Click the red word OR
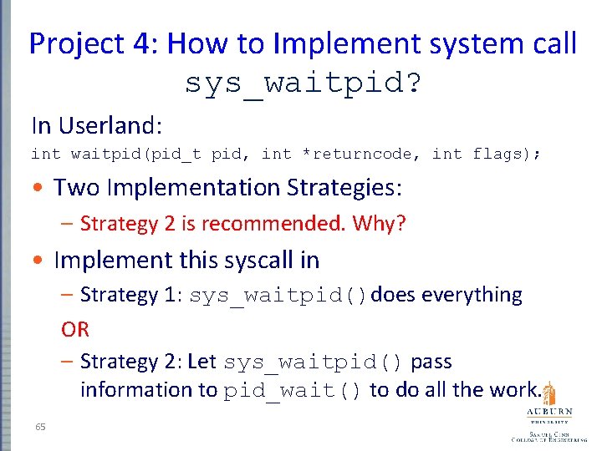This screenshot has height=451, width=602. click(75, 329)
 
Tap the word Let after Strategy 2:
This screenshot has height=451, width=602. click(202, 362)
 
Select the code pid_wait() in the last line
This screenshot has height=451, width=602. click(293, 391)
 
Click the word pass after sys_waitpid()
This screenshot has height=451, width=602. click(431, 362)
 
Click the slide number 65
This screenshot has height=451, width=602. click(41, 427)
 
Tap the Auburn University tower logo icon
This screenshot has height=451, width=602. click(548, 393)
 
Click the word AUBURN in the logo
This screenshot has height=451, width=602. click(548, 412)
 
